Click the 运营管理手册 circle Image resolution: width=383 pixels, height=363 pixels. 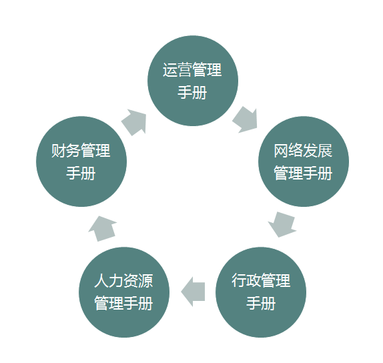(x=193, y=81)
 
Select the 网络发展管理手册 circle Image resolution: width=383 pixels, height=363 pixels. (x=304, y=161)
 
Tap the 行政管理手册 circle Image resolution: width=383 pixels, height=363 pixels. (x=261, y=292)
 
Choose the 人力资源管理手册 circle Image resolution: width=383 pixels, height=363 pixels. (x=124, y=292)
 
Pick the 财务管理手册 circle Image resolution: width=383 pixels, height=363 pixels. (x=81, y=161)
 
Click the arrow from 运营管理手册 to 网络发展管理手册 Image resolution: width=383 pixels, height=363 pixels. (x=246, y=119)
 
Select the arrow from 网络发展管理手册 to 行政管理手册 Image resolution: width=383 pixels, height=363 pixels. (x=282, y=225)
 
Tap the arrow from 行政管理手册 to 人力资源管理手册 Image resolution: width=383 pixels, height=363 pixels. (x=193, y=292)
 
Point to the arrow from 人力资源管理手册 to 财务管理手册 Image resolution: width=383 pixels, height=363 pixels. (x=103, y=229)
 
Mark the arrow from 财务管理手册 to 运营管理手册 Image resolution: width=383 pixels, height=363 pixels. (x=134, y=122)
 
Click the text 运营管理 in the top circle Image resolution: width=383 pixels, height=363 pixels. (x=192, y=70)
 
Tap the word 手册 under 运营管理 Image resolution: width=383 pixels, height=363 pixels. (x=192, y=93)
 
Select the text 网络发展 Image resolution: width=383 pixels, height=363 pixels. (x=303, y=151)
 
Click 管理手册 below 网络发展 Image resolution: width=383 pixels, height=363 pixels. (x=303, y=173)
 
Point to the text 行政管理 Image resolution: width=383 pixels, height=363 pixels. (x=261, y=280)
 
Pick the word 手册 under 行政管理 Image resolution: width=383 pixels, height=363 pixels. (x=261, y=303)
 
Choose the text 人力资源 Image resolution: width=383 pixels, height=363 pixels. (x=123, y=280)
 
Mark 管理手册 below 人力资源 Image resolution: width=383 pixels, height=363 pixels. (x=123, y=303)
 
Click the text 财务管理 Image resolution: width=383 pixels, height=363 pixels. (x=81, y=151)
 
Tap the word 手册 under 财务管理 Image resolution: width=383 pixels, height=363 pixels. (x=81, y=173)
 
